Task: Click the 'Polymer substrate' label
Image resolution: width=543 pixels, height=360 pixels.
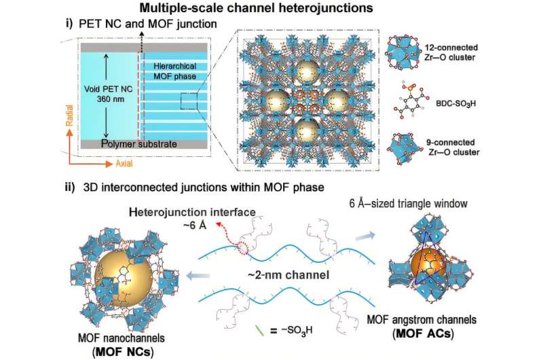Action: point(135,145)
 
